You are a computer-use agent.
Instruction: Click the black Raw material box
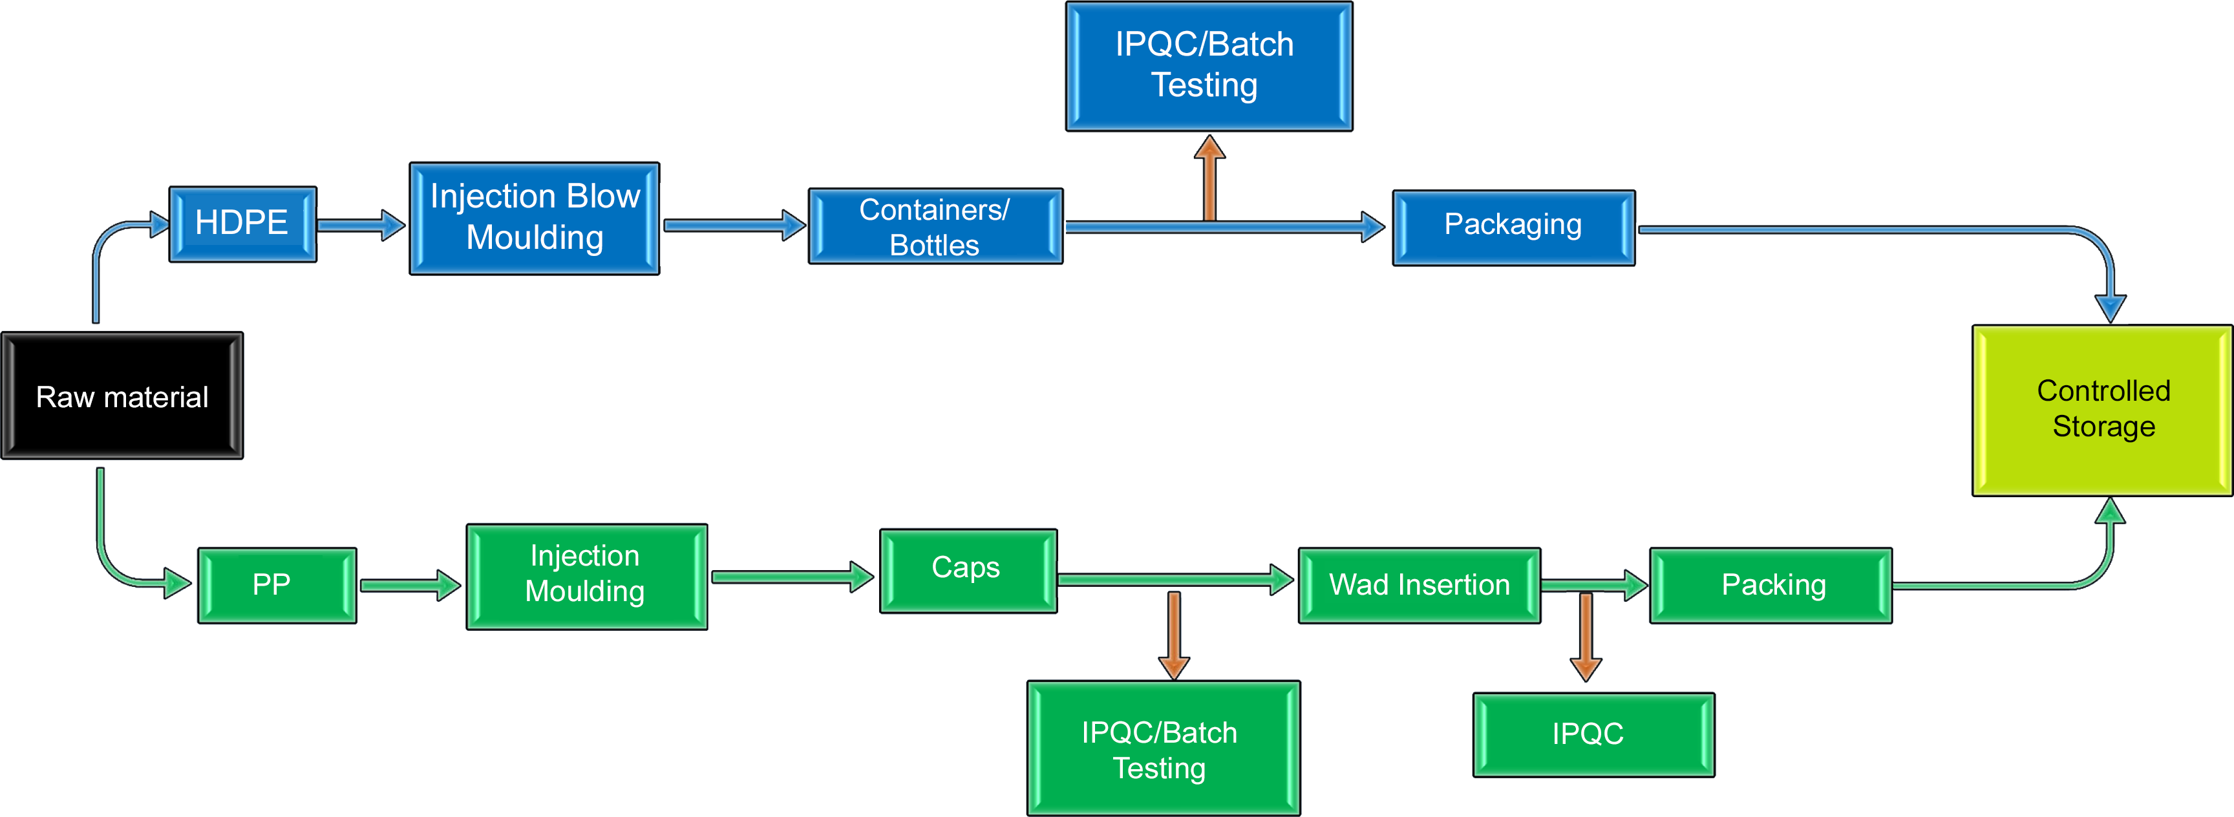pyautogui.click(x=122, y=396)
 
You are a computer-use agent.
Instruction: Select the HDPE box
pyautogui.click(x=242, y=224)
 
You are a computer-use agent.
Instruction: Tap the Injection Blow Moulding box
pyautogui.click(x=534, y=218)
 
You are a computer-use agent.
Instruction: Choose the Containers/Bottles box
pyautogui.click(x=935, y=226)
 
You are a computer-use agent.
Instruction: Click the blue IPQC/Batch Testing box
pyautogui.click(x=1208, y=66)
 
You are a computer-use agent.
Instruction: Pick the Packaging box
pyautogui.click(x=1513, y=228)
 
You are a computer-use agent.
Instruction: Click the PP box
pyautogui.click(x=277, y=584)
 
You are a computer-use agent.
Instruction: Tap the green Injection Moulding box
pyautogui.click(x=586, y=576)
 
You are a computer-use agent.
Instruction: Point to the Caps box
pyautogui.click(x=968, y=571)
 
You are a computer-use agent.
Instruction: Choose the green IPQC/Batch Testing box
pyautogui.click(x=1163, y=748)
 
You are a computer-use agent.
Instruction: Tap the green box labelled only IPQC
pyautogui.click(x=1593, y=735)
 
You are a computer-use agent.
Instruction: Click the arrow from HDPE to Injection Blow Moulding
pyautogui.click(x=361, y=225)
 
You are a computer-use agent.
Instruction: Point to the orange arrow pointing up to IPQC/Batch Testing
pyautogui.click(x=1209, y=178)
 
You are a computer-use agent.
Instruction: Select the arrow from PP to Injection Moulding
pyautogui.click(x=409, y=586)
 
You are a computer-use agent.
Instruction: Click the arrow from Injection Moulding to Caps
pyautogui.click(x=792, y=577)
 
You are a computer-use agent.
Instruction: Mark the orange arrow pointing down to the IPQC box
pyautogui.click(x=1585, y=637)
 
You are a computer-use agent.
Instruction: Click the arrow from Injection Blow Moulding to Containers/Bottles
pyautogui.click(x=734, y=226)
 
